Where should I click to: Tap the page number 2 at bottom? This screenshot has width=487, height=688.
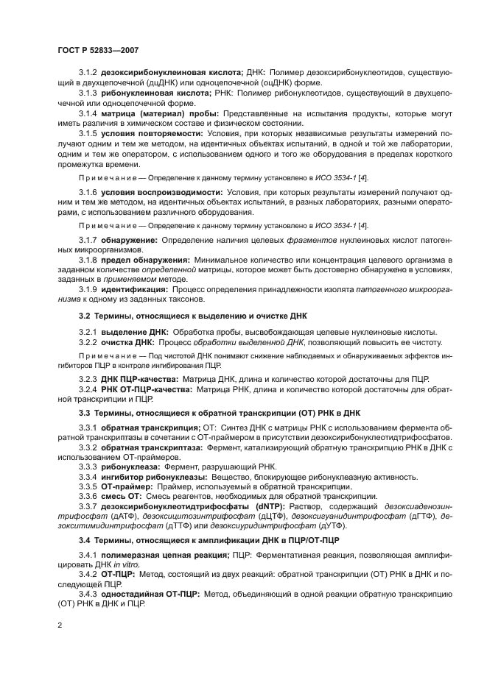[60, 624]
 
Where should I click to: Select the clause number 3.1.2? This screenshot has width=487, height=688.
[88, 74]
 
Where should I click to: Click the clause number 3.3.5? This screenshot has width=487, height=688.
[88, 486]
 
